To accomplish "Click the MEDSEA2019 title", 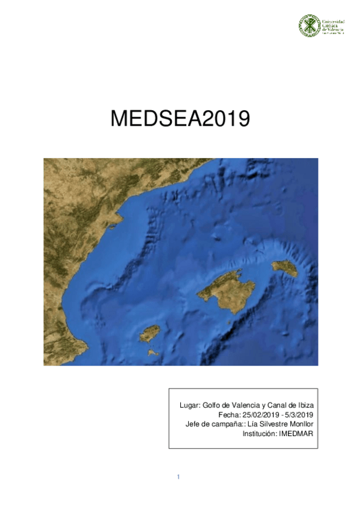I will [180, 118].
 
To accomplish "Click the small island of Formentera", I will [154, 352].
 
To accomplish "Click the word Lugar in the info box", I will [191, 406].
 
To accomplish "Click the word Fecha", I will [228, 415].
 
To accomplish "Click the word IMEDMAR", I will [297, 433].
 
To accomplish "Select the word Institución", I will [260, 433].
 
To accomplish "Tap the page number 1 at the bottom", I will [178, 477].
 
